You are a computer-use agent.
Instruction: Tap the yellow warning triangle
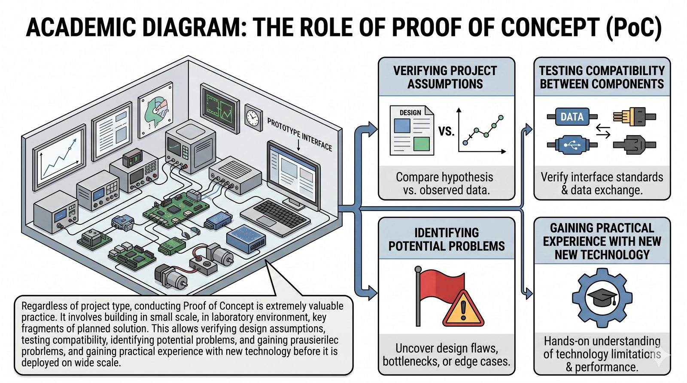click(463, 309)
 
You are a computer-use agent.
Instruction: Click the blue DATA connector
click(572, 117)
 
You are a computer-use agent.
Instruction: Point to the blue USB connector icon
click(571, 145)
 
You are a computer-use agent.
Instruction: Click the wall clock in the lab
click(252, 116)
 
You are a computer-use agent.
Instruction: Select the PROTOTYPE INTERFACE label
click(299, 134)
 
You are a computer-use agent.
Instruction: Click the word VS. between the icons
click(446, 131)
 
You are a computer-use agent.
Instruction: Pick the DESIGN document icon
click(411, 130)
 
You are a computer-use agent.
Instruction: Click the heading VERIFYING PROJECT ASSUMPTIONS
click(445, 77)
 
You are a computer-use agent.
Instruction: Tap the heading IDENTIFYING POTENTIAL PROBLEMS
click(447, 239)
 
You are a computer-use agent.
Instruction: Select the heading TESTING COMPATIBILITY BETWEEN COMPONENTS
click(602, 77)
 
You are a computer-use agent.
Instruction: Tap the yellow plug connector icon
click(629, 116)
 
